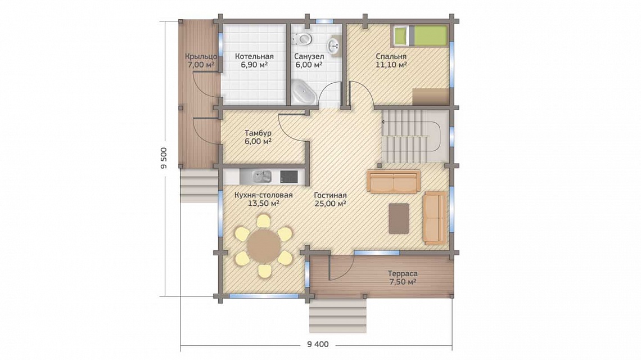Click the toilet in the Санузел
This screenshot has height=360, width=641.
pos(303,39)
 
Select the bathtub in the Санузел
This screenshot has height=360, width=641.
pos(303,92)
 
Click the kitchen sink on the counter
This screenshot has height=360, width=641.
pos(261,176)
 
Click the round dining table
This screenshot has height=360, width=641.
pos(264,247)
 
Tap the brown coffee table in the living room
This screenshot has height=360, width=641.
pos(399,218)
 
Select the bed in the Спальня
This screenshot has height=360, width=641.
pos(419,35)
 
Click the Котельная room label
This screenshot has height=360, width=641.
pos(254,56)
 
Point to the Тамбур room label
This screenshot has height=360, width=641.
pos(258,133)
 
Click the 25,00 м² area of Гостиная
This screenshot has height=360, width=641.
pos(330,203)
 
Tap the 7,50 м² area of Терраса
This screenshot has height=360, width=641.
pos(402,282)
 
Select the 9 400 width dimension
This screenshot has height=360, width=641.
pos(318,344)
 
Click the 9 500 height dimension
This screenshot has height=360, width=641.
pos(164,158)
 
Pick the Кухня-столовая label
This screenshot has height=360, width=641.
pos(264,195)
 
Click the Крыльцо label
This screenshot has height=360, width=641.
pos(201,56)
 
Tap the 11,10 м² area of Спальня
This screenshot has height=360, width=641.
pos(391,65)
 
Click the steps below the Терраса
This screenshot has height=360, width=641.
pos(337,316)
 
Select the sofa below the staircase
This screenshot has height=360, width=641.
pos(394,182)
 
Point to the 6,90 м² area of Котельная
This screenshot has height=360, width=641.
pos(254,65)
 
